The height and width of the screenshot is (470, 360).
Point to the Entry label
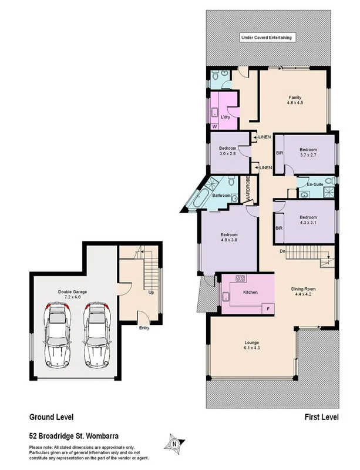pyautogui.click(x=144, y=328)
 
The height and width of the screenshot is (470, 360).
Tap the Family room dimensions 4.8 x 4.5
pyautogui.click(x=294, y=103)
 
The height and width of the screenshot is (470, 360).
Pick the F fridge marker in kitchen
pyautogui.click(x=268, y=308)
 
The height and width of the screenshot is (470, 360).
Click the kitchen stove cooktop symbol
pyautogui.click(x=240, y=278)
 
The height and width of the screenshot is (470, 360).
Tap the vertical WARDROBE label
pyautogui.click(x=249, y=189)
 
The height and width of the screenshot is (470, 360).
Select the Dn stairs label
pyautogui.click(x=282, y=252)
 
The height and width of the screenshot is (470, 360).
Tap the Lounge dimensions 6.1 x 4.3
pyautogui.click(x=252, y=348)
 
